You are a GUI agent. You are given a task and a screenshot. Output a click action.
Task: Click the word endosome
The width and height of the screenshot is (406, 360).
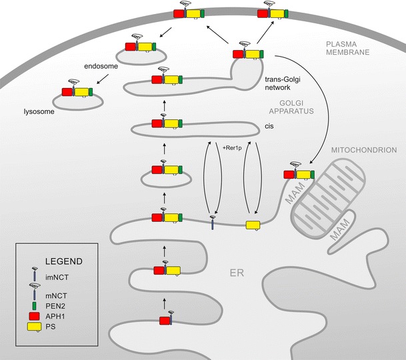[x=100, y=67]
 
